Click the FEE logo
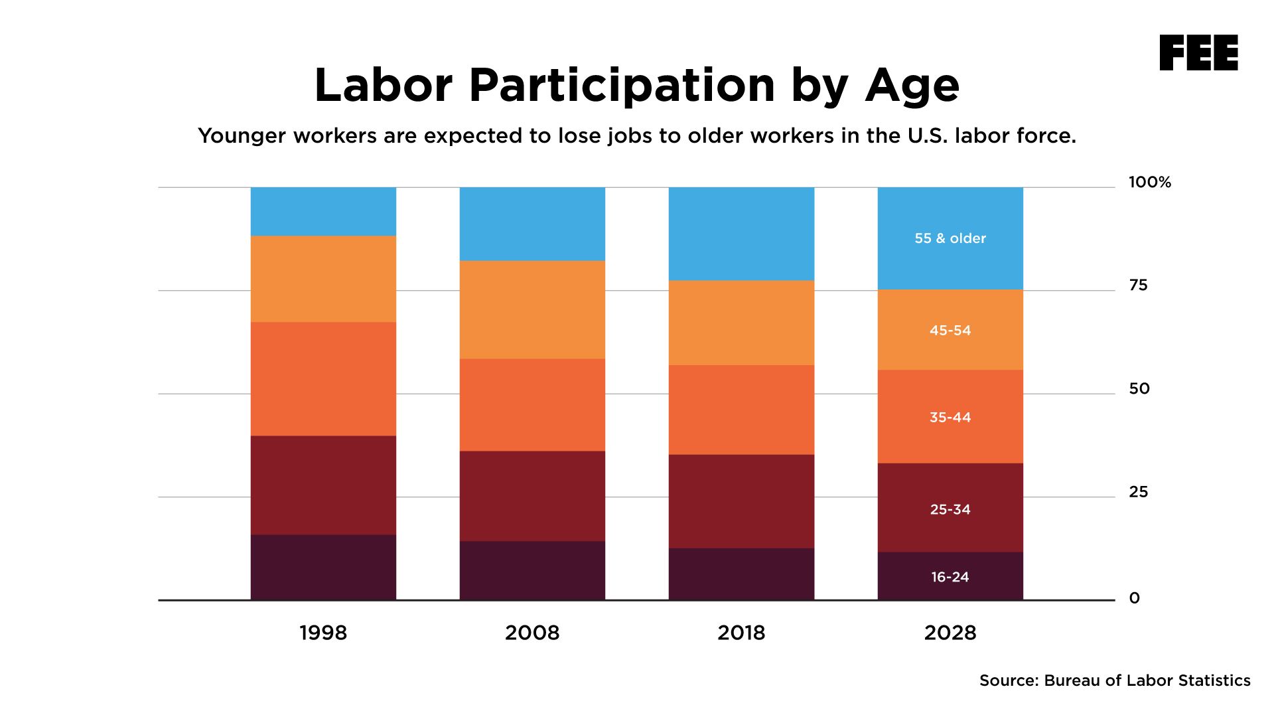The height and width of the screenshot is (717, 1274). pos(1198,52)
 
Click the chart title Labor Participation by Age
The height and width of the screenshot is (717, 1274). pos(636,85)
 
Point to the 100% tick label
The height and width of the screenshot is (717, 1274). pos(1149,182)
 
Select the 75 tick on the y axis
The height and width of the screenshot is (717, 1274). pos(1138,285)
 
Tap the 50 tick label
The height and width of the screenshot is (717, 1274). pos(1139,389)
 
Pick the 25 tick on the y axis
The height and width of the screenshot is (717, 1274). pos(1138,492)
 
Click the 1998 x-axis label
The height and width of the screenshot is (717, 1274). pos(323,633)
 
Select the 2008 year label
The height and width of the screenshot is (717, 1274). pos(532,633)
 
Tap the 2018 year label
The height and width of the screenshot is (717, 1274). pos(741,633)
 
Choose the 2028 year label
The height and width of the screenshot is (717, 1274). pos(950,633)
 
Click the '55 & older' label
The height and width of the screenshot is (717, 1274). pos(950,238)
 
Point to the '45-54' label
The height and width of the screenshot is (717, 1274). pos(950,331)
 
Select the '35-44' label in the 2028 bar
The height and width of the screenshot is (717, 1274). pos(950,418)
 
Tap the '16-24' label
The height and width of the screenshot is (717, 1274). pos(950,577)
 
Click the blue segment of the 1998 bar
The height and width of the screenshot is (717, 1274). pos(323,211)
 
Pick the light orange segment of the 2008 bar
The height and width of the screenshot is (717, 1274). pos(532,309)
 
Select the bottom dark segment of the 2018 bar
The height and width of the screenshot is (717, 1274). pos(741,574)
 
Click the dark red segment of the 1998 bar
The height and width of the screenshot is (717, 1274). pos(323,485)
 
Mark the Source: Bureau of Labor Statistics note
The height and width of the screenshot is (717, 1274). pos(1115,680)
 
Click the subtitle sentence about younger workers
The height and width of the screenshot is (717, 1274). pos(636,136)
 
